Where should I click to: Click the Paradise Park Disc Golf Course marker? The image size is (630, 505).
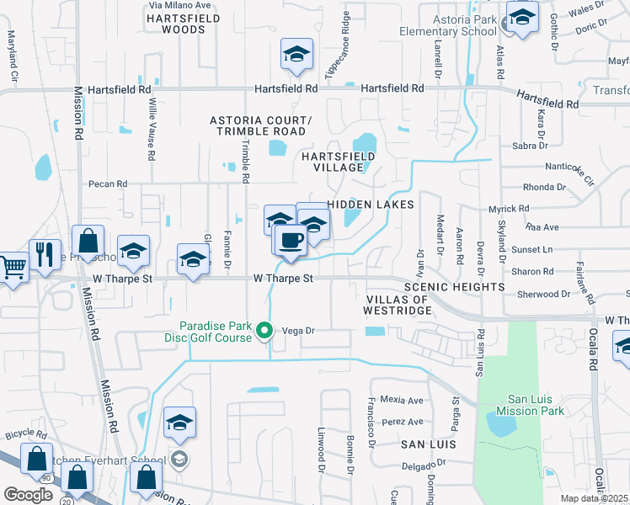click(264, 331)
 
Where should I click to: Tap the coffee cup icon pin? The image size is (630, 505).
click(291, 239)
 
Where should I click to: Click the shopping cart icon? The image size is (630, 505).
click(12, 268)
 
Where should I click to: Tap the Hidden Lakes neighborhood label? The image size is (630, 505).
click(371, 205)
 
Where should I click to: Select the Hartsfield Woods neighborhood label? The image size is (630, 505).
click(176, 23)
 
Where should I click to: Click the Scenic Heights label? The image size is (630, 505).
click(454, 287)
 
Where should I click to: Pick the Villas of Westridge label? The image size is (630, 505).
click(398, 305)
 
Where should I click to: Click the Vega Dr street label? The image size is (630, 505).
click(297, 331)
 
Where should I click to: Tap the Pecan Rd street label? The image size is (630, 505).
click(108, 183)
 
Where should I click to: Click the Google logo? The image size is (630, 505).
click(28, 494)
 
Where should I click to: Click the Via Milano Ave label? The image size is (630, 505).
click(179, 5)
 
